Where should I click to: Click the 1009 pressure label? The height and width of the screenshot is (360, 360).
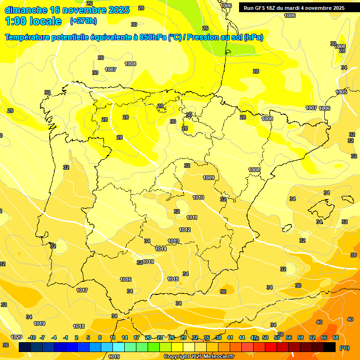pyautogui.click(x=209, y=178)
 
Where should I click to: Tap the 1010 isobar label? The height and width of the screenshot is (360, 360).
pyautogui.click(x=198, y=198)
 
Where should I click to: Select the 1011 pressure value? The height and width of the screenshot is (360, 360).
pyautogui.click(x=192, y=217)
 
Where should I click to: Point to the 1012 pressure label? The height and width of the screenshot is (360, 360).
pyautogui.click(x=185, y=230)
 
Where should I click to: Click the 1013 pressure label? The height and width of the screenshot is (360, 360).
pyautogui.click(x=173, y=241)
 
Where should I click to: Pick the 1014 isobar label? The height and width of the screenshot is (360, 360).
pyautogui.click(x=161, y=249)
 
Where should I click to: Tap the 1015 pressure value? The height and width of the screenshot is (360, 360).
pyautogui.click(x=148, y=262)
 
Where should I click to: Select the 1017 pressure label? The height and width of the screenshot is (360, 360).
pyautogui.click(x=82, y=290)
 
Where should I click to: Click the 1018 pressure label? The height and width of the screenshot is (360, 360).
pyautogui.click(x=79, y=326)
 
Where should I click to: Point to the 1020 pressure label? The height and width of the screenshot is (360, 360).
pyautogui.click(x=16, y=337)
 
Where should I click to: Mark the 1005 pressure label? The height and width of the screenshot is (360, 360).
pyautogui.click(x=341, y=92)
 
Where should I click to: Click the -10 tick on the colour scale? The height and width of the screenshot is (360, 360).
pyautogui.click(x=32, y=337)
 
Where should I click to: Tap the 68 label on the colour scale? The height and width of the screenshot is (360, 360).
pyautogui.click(x=336, y=337)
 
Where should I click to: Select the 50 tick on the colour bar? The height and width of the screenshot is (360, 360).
pyautogui.click(x=265, y=337)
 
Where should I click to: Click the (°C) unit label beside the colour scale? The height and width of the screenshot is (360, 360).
pyautogui.click(x=344, y=348)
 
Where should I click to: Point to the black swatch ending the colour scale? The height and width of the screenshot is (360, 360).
pyautogui.click(x=330, y=347)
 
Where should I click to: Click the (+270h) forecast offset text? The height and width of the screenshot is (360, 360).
pyautogui.click(x=83, y=21)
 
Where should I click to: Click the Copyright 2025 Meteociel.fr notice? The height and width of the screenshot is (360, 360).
pyautogui.click(x=199, y=356)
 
